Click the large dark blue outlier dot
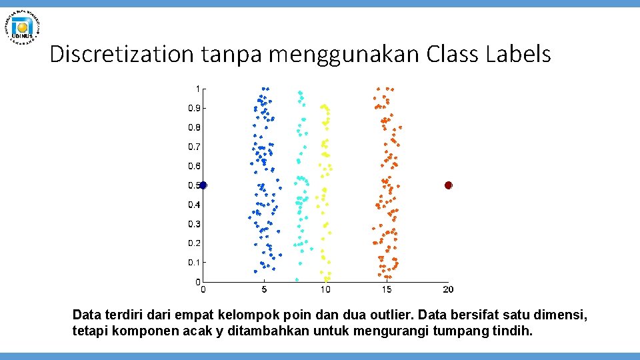click(203, 185)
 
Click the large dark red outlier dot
click(449, 185)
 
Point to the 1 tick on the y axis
click(197, 88)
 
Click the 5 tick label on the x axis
click(265, 289)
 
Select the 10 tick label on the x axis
click(325, 289)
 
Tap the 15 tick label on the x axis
click(387, 289)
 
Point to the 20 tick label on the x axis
click(448, 289)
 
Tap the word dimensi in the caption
click(565, 314)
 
